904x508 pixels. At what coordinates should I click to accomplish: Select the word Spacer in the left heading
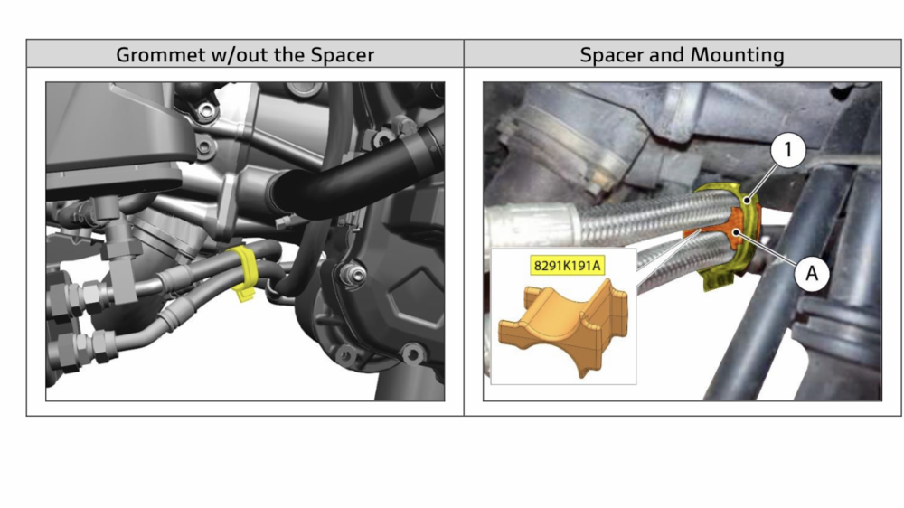[x=343, y=55]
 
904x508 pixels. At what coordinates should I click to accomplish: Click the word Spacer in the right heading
[x=611, y=55]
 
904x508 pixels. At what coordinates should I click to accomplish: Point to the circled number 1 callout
[x=787, y=150]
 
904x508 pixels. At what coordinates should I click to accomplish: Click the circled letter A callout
[x=812, y=273]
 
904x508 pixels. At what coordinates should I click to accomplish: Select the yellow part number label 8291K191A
[x=568, y=266]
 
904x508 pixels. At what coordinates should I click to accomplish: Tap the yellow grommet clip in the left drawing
[x=244, y=271]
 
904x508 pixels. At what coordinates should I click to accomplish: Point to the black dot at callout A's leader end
[x=736, y=232]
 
